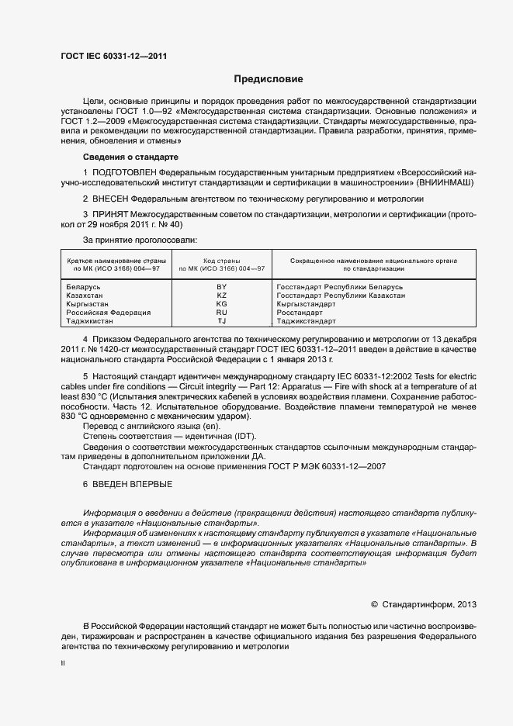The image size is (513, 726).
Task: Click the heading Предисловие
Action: (269, 79)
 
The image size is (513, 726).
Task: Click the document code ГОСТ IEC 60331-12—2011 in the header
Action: (114, 56)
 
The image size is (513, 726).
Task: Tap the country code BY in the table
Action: (221, 287)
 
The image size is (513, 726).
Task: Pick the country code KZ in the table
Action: (221, 296)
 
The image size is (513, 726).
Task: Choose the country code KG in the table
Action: (221, 304)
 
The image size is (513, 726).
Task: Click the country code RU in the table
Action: (221, 313)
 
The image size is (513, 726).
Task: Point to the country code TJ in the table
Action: (221, 321)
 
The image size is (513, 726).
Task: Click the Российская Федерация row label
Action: (109, 313)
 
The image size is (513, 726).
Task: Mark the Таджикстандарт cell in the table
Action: (306, 321)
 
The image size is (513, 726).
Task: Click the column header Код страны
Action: (221, 261)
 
